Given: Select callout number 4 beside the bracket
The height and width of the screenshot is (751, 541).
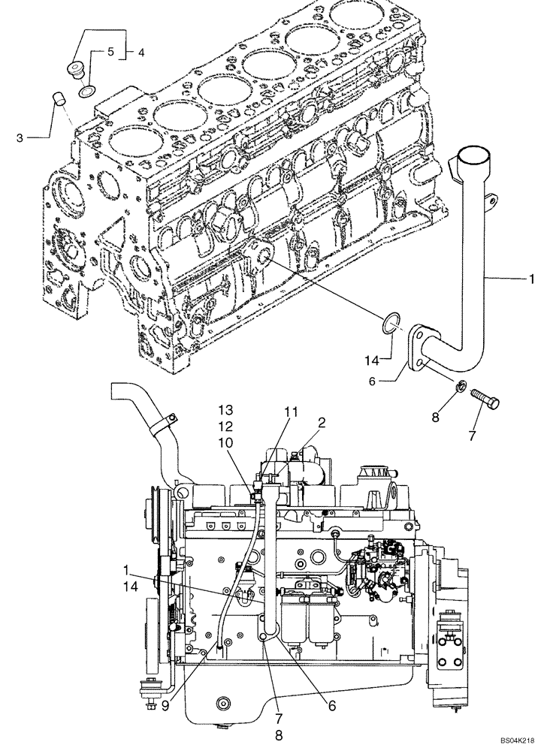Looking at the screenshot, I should tap(141, 53).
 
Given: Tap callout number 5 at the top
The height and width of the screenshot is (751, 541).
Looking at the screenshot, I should tap(110, 53).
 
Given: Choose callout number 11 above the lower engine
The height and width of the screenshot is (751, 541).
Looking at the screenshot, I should tap(292, 412).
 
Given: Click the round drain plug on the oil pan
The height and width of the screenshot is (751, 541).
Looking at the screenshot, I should tap(223, 704).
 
